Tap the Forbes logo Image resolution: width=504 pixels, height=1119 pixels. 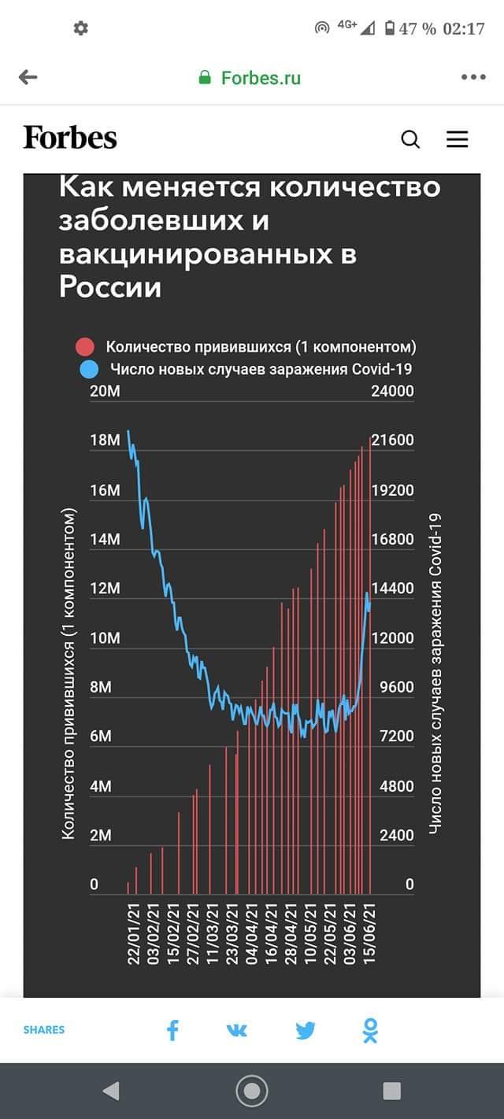70,138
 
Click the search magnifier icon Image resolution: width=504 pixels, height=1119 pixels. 410,139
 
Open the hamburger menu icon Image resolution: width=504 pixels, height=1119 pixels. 458,139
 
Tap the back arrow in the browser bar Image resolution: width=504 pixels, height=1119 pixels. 28,77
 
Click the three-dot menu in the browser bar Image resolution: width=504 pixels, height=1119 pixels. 473,77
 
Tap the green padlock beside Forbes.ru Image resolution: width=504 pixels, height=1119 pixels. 206,77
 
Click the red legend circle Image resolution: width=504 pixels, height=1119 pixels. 84,347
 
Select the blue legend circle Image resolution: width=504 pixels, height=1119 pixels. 89,369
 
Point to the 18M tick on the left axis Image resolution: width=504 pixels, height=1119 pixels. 106,441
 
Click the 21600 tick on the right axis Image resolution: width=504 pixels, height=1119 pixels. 392,441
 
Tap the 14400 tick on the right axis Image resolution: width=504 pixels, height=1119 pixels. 392,589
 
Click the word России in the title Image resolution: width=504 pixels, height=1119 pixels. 110,287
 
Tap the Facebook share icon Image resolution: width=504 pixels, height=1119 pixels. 172,1030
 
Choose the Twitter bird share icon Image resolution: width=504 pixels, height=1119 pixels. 306,1030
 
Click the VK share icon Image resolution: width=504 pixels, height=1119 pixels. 237,1030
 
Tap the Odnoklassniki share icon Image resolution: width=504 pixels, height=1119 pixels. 371,1030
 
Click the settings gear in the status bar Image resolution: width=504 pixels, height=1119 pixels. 81,28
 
